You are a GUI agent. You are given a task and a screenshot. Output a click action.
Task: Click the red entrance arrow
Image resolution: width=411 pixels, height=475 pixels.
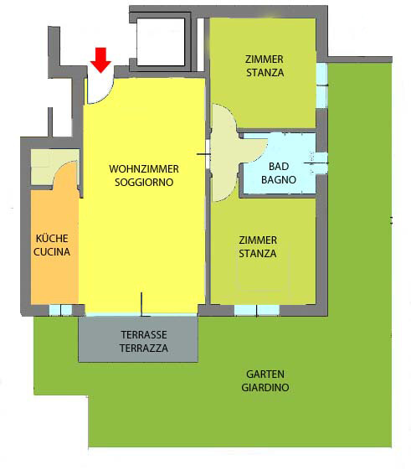pos(100,60)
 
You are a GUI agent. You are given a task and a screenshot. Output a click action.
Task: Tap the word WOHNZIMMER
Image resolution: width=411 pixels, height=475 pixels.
pos(144,169)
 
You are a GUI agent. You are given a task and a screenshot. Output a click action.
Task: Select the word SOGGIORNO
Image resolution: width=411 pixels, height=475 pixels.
pos(144,183)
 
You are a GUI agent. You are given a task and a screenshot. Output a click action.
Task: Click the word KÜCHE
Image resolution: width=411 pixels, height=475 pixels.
pos(52,239)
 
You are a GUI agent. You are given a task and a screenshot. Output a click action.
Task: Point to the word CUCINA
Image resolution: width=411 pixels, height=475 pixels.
pos(52,251)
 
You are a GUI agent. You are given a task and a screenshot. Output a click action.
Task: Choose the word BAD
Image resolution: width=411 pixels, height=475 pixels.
pos(279,167)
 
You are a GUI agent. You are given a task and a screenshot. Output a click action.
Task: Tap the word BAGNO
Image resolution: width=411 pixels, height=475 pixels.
pos(279,179)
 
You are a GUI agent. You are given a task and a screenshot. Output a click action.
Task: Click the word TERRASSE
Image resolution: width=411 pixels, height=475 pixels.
pos(144,335)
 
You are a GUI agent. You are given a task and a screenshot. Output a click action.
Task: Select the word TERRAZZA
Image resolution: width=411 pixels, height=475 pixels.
pos(144,348)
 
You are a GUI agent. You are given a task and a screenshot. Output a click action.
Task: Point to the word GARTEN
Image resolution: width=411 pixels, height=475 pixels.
pos(265,374)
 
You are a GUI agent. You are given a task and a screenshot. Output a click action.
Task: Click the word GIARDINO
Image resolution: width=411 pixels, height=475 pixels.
pos(265,387)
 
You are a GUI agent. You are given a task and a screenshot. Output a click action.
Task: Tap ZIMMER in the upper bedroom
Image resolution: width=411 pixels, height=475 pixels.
pos(265,59)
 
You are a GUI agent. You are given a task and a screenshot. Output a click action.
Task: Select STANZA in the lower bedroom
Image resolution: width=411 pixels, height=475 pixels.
pos(258,254)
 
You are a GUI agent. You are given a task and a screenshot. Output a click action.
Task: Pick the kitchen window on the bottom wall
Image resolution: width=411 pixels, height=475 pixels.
pos(60,310)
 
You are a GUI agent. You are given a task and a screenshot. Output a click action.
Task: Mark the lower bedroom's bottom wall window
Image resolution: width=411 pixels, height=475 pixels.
pos(257,310)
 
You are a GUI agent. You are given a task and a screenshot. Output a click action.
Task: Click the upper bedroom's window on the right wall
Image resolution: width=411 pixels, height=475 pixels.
pos(321,85)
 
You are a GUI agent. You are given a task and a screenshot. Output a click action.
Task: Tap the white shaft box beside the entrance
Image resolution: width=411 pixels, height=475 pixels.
pos(161,42)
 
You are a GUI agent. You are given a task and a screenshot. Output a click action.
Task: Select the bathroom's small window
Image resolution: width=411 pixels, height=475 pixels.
pos(321,163)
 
